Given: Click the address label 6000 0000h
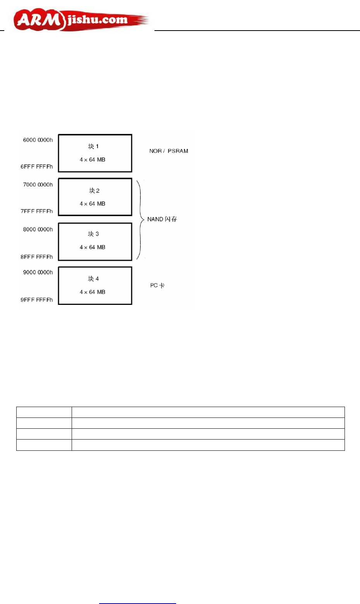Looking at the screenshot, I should point(38,140).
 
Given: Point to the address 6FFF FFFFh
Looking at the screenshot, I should point(37,167).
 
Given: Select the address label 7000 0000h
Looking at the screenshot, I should point(38,185).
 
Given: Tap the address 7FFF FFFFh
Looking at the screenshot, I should point(37,211).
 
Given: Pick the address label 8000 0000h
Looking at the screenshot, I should point(38,229).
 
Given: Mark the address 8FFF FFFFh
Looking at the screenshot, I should point(37,257).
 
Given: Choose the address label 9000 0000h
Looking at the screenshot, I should point(38,272).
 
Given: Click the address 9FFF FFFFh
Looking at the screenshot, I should point(37,300).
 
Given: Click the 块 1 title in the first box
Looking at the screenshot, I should point(93,146).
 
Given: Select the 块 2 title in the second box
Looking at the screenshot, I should point(94,190).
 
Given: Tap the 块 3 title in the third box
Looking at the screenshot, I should point(93,234).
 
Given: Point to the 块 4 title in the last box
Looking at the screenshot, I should point(93,279).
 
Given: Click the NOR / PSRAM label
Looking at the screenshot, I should point(169,151).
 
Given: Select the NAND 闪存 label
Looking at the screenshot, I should point(162,219).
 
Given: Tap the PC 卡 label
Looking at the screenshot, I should point(157,286).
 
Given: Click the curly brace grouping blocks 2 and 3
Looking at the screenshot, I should point(140,219).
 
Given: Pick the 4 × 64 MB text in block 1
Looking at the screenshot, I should point(93,160).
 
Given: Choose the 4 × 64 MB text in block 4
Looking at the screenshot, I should point(93,292).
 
